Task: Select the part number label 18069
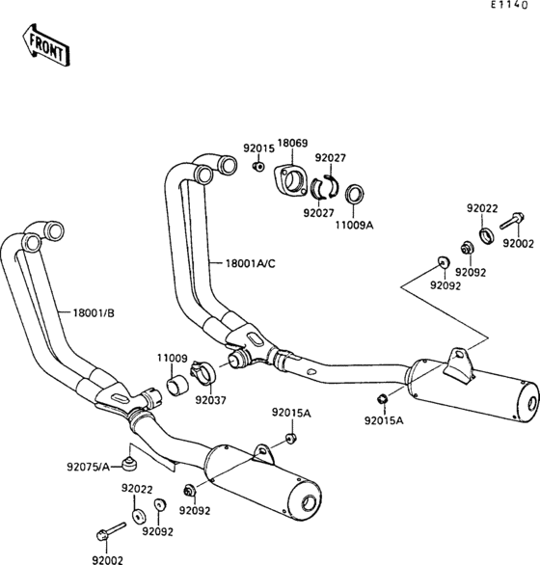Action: click(x=292, y=144)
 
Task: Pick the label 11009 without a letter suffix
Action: click(x=172, y=358)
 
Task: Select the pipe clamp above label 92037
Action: click(x=203, y=370)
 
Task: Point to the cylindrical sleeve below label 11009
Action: click(x=176, y=388)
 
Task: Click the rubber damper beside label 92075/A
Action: click(x=126, y=455)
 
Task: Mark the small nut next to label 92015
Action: click(x=257, y=167)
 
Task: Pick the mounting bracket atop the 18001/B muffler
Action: click(x=258, y=449)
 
